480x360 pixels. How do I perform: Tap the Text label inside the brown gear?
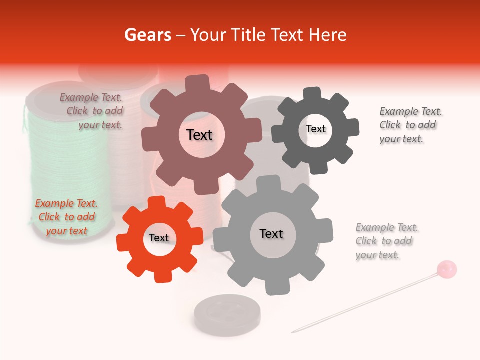pyautogui.click(x=199, y=135)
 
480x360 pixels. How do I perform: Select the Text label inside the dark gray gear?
pyautogui.click(x=315, y=129)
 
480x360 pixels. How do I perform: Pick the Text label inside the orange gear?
pyautogui.click(x=159, y=238)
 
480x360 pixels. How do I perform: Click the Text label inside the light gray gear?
pyautogui.click(x=271, y=233)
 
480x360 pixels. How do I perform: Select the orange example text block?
pyautogui.click(x=66, y=217)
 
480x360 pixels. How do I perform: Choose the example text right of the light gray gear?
pyautogui.click(x=386, y=241)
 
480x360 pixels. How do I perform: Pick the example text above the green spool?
pyautogui.click(x=92, y=111)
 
